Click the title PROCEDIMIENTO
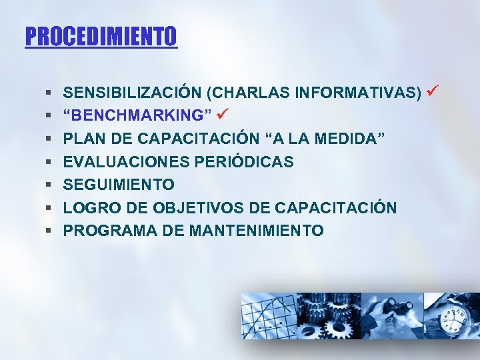pos(101,36)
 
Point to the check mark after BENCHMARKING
pos(223,115)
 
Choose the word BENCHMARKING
pos(137,116)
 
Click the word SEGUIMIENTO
pos(119,185)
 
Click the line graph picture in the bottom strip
pos(267,317)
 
